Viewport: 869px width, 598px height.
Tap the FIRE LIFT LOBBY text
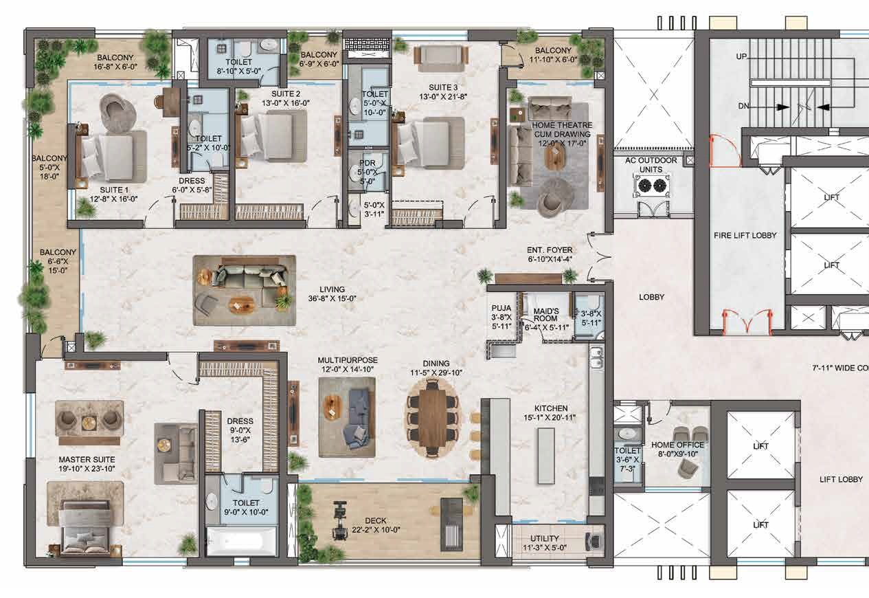coord(745,235)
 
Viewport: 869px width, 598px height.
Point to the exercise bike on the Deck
coord(338,520)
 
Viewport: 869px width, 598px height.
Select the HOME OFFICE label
coord(677,445)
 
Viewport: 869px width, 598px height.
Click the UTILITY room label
coord(545,539)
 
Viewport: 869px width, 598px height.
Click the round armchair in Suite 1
coord(114,108)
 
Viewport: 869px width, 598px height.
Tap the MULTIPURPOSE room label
coord(348,360)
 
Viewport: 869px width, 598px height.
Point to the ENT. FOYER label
coord(550,250)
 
